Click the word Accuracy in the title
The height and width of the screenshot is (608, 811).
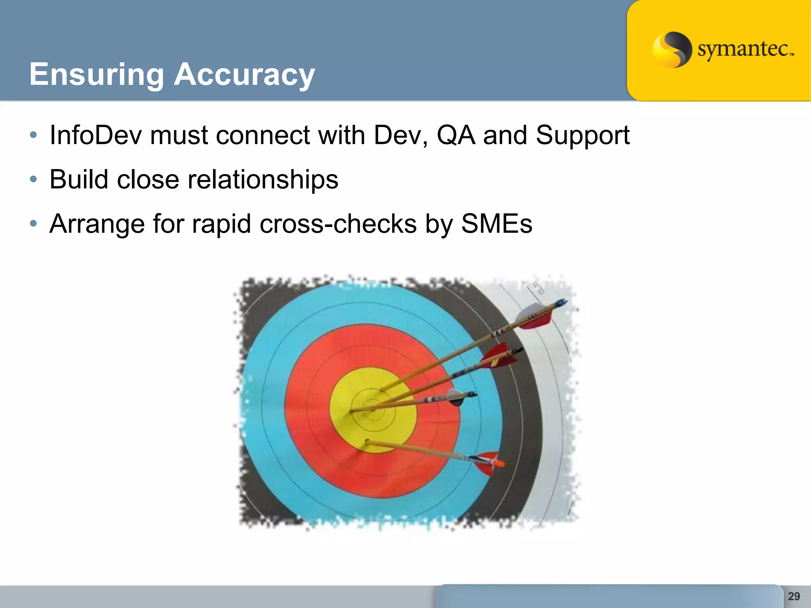click(244, 74)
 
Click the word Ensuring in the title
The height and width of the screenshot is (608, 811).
click(97, 74)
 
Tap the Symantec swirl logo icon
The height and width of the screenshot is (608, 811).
click(672, 50)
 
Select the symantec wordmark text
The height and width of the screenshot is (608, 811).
click(744, 50)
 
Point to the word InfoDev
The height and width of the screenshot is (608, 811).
click(95, 135)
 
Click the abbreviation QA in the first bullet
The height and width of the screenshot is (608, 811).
click(456, 135)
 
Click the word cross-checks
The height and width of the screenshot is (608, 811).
click(338, 224)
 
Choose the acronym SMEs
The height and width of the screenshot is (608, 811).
click(497, 224)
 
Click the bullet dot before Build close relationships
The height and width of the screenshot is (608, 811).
click(34, 180)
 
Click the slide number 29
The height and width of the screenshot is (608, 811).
click(794, 596)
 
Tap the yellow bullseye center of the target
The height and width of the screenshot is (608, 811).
click(372, 410)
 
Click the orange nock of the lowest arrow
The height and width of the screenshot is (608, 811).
click(500, 463)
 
